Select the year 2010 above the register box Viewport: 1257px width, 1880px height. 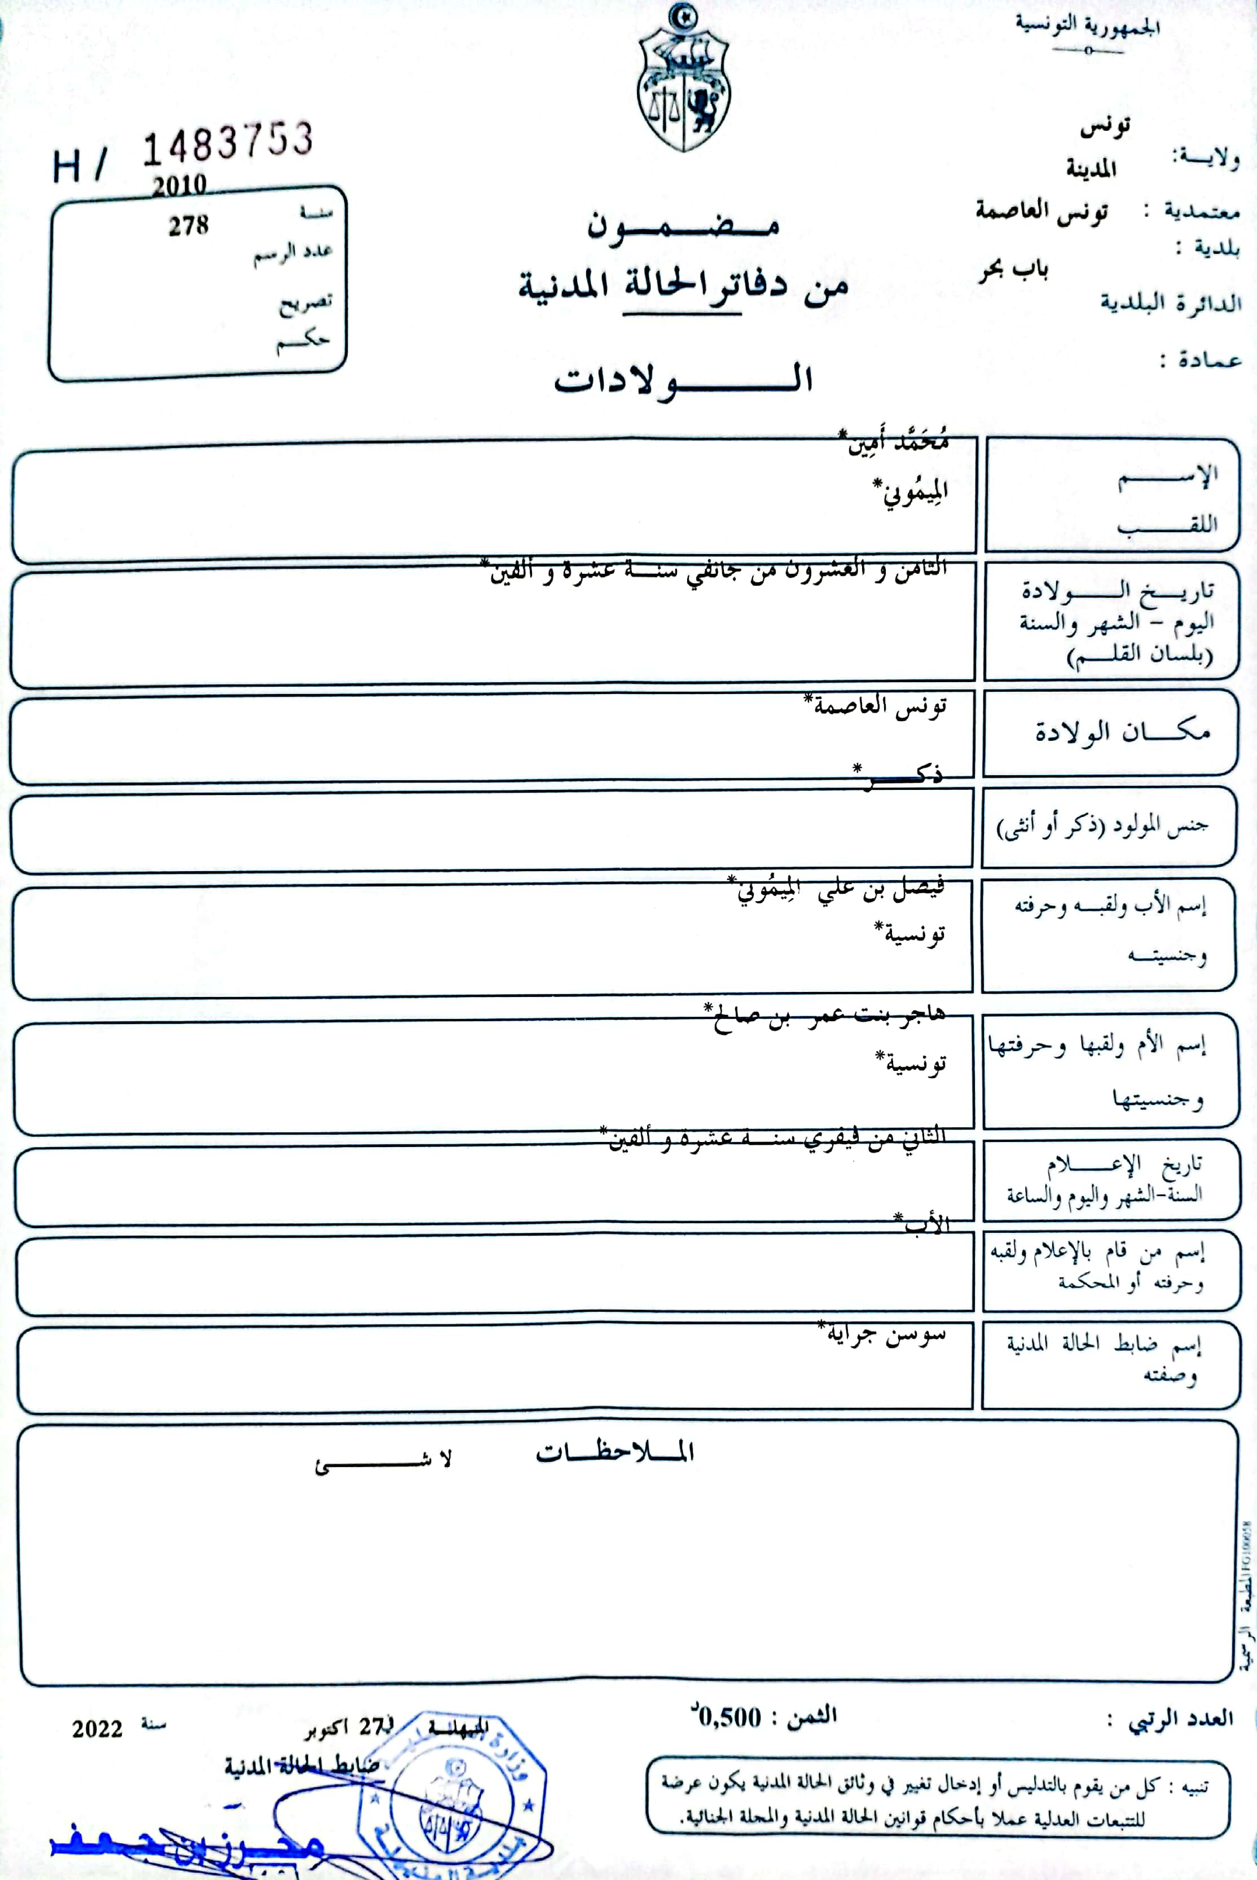[179, 186]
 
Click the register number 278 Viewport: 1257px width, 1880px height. [188, 226]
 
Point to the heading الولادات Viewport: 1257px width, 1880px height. [683, 379]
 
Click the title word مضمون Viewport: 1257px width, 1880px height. [683, 227]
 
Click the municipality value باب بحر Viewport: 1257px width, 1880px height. [1013, 270]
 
